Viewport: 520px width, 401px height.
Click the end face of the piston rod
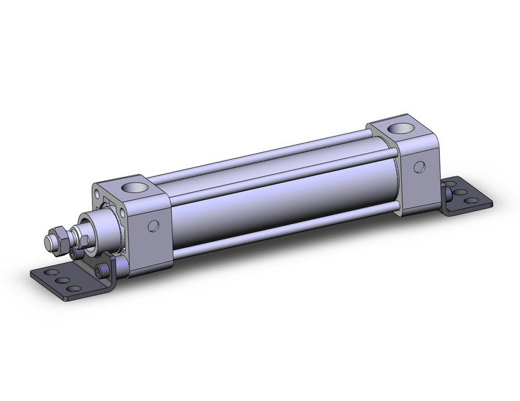tap(49, 242)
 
